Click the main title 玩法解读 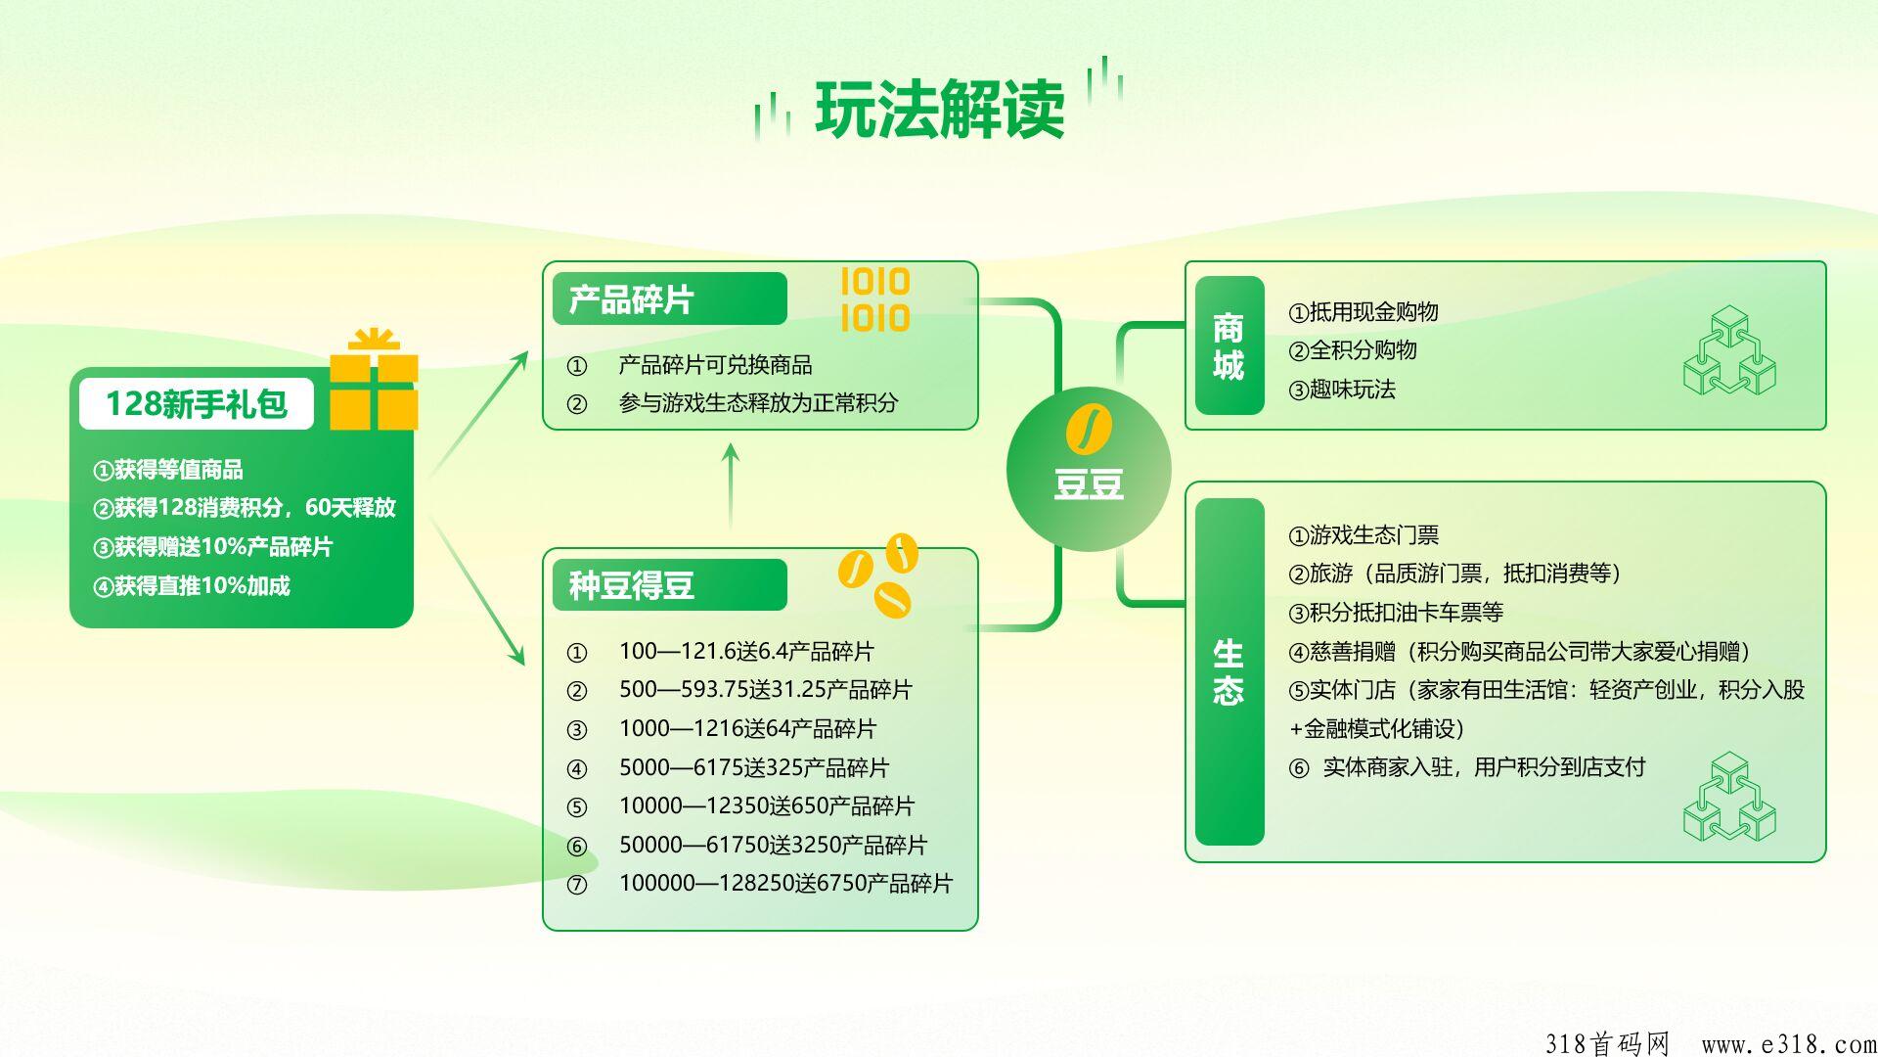tap(939, 109)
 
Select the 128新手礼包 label tap(197, 403)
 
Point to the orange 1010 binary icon tap(875, 299)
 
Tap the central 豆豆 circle tap(1089, 469)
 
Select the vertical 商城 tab tap(1230, 345)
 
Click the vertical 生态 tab tap(1230, 671)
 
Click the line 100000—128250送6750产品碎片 tap(785, 884)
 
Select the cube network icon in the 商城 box tap(1729, 350)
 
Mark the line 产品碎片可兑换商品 tap(715, 365)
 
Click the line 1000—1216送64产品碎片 tap(747, 729)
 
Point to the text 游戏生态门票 tap(1374, 535)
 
